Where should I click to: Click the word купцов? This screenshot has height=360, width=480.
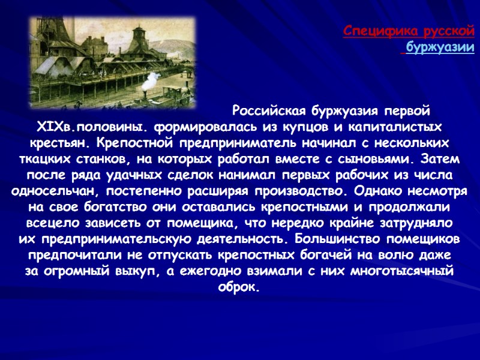click(302, 128)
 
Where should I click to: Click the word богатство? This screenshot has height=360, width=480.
click(95, 208)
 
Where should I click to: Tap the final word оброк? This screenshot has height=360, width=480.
click(239, 287)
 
